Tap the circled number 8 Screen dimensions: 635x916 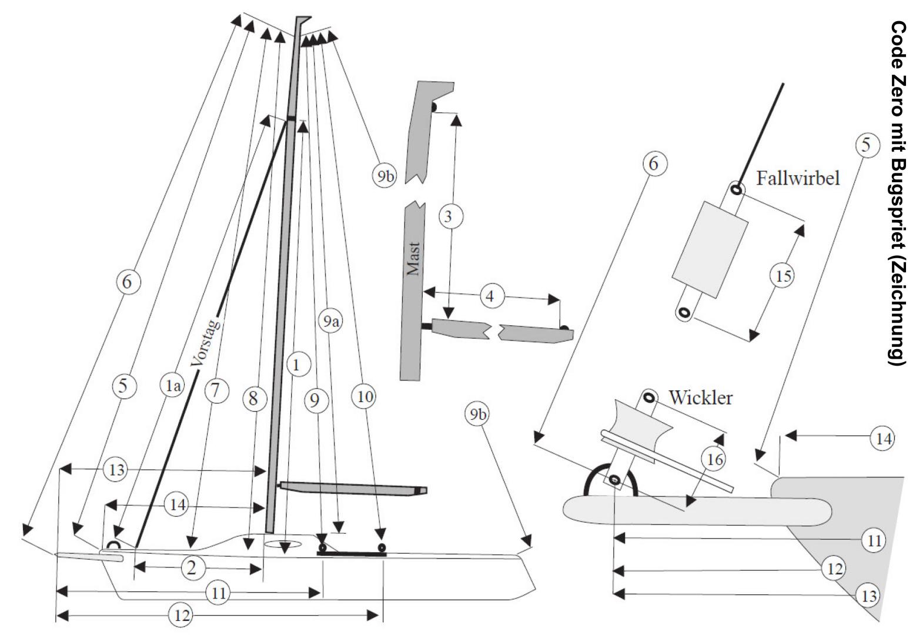tap(253, 399)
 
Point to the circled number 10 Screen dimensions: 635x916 tap(365, 397)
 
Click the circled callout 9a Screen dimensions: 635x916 tap(332, 320)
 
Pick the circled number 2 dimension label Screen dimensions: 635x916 tap(190, 568)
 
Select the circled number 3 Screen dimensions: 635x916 tap(449, 216)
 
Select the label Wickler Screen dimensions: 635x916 tap(700, 398)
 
